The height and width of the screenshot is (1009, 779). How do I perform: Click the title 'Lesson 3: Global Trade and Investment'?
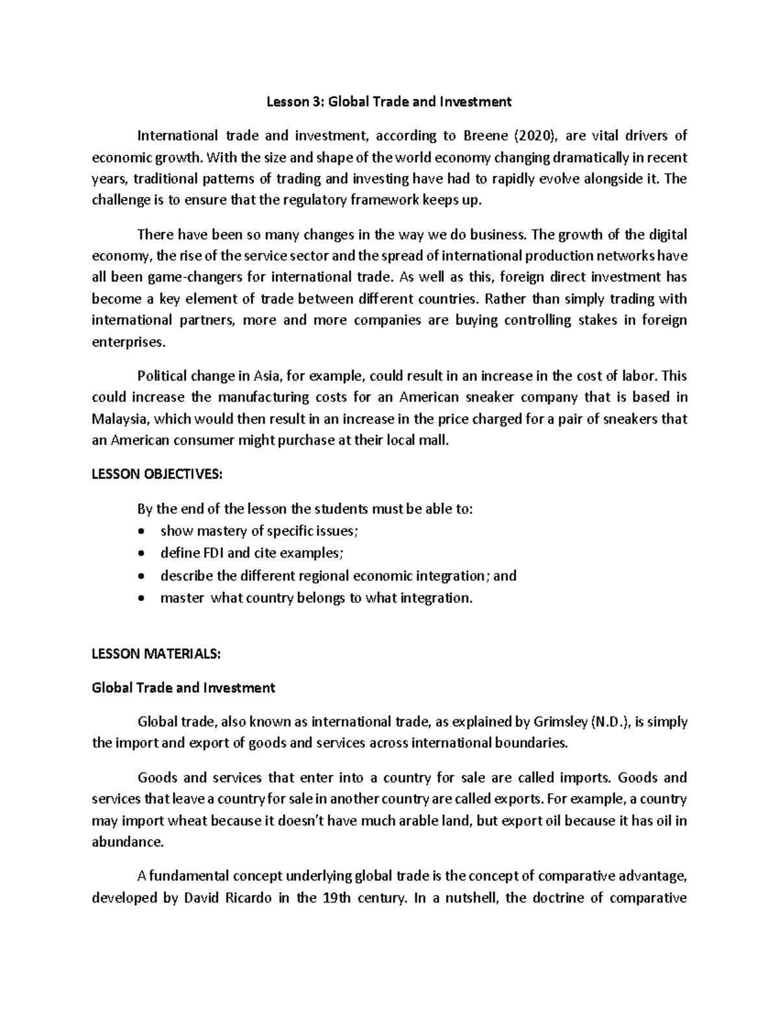pos(389,101)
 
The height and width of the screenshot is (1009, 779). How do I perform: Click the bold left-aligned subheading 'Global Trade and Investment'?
pos(184,687)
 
